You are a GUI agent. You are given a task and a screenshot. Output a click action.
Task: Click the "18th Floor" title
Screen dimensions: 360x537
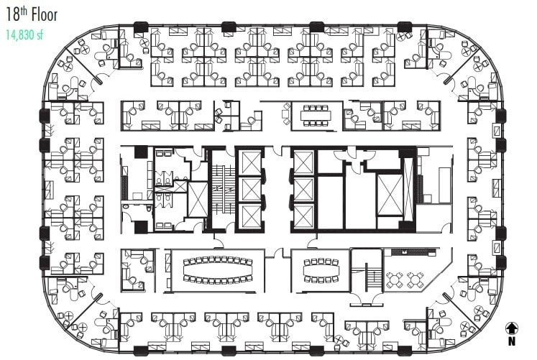31,14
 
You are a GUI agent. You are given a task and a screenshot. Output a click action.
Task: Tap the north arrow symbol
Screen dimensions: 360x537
512,328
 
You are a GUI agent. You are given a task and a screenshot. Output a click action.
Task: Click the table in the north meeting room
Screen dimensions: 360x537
316,115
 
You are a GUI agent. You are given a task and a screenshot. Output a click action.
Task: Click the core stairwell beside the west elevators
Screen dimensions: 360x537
221,190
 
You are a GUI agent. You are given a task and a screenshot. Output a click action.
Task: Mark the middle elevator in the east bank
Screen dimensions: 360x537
304,190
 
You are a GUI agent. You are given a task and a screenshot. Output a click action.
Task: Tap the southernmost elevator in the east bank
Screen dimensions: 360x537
304,216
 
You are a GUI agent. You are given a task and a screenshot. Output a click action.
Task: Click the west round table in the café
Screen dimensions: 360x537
394,280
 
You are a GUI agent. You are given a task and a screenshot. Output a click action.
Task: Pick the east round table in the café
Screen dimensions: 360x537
416,280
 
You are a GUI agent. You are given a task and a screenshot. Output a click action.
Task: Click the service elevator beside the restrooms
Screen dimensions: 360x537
197,199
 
